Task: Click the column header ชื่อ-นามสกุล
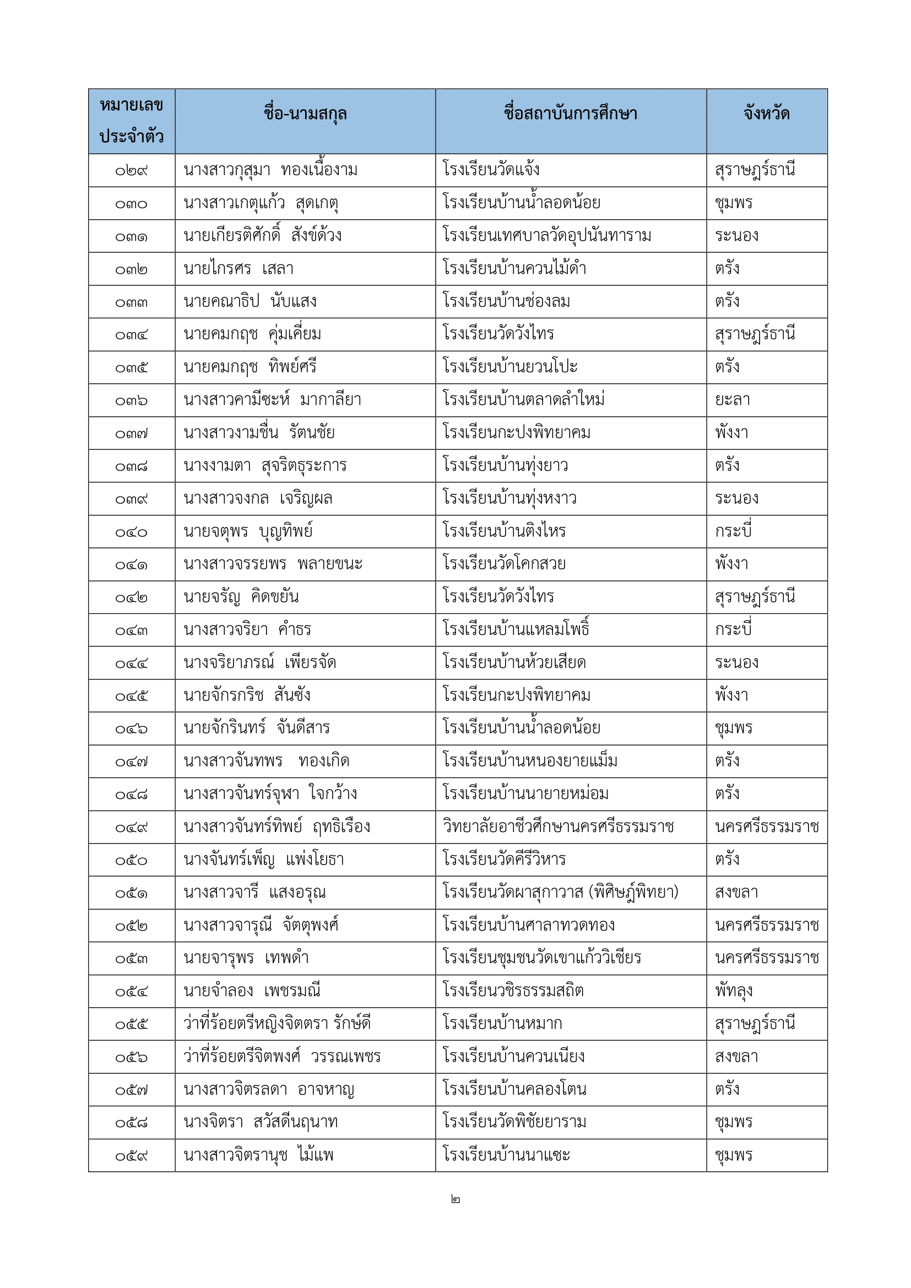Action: [x=305, y=114]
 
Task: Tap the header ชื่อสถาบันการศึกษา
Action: [x=570, y=114]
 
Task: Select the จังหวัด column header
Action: [x=766, y=114]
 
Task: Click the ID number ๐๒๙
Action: [x=131, y=171]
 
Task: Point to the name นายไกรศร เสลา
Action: [x=238, y=269]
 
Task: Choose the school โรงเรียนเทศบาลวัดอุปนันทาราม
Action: [x=546, y=236]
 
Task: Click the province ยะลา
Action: [x=732, y=400]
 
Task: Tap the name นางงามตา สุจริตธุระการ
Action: [x=265, y=466]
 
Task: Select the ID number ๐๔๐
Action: [x=131, y=532]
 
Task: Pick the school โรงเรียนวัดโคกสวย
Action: [x=504, y=564]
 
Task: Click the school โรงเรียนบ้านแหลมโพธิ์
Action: [x=516, y=629]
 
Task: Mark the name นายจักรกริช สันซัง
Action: [x=247, y=695]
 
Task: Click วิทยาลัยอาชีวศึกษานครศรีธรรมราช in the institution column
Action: [x=558, y=827]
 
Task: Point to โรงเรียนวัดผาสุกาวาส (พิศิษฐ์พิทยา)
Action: [x=560, y=893]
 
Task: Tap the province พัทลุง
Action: [x=733, y=991]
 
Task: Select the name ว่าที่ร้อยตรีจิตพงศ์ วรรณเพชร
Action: [x=281, y=1057]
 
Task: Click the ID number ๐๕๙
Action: [x=131, y=1156]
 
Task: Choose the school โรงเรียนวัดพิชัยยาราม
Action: [x=514, y=1122]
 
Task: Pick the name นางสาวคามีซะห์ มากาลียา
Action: [x=272, y=400]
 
